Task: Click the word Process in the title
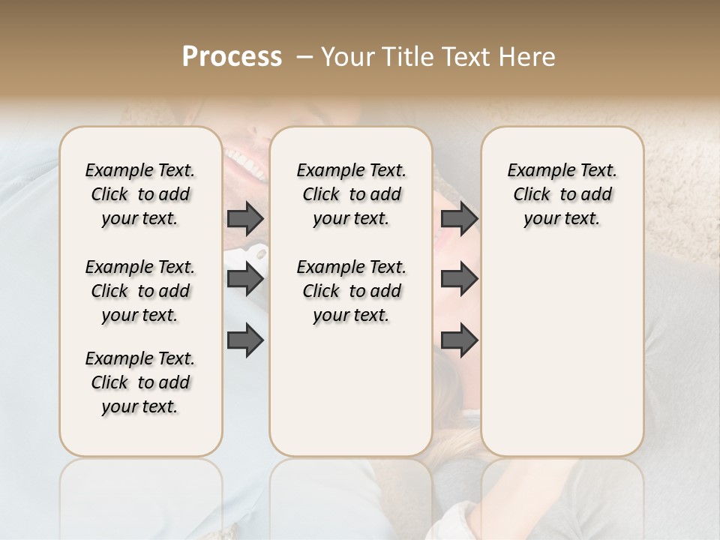pos(232,57)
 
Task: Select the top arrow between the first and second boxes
pos(245,219)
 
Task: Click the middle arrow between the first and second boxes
pos(245,280)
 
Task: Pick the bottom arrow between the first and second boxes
pos(245,340)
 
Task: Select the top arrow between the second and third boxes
pos(459,219)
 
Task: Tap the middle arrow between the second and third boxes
pos(459,280)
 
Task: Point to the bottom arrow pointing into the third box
pos(459,340)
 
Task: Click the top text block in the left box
pos(140,194)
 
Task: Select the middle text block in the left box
pos(140,291)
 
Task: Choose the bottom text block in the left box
pos(140,382)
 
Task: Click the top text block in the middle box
pos(351,194)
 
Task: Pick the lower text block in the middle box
pos(351,291)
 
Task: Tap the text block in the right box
pos(562,194)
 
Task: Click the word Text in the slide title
pos(464,57)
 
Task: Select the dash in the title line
pos(304,57)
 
